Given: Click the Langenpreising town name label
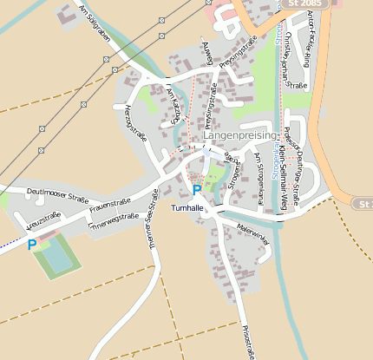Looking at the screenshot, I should click(x=239, y=136).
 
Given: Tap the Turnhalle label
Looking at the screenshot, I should click(x=187, y=208).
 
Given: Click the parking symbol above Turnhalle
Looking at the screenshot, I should click(x=197, y=189).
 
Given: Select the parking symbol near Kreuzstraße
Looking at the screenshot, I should click(x=32, y=245).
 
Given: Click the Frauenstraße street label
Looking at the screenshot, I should click(x=108, y=206).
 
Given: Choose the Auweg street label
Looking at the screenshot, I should click(x=206, y=53).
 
